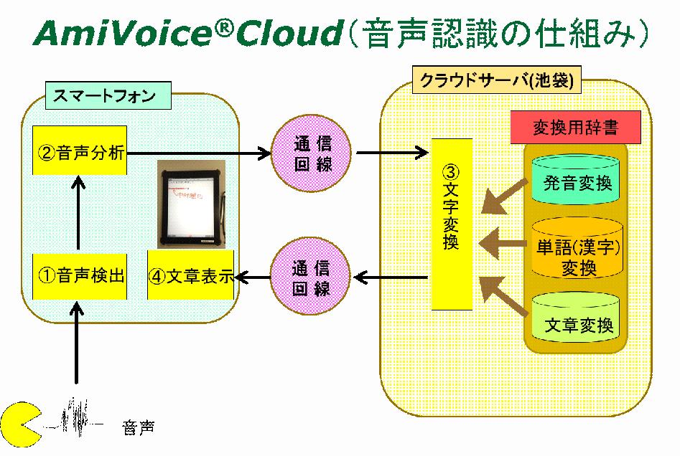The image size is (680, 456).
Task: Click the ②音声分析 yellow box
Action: pos(80,152)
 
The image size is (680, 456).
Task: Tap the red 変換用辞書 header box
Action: pos(574,128)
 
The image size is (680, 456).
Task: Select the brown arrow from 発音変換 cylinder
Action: pos(506,195)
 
